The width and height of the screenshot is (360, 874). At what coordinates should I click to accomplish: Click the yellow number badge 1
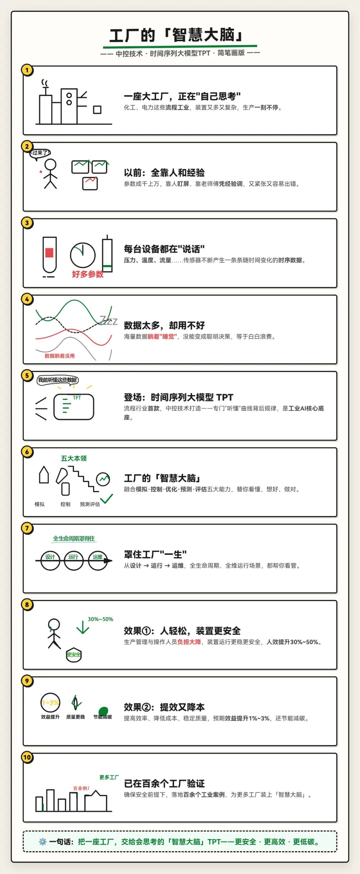coord(27,70)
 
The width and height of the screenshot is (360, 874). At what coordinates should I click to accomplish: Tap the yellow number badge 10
coord(27,757)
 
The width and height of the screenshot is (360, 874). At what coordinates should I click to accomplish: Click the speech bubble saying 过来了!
coord(40,153)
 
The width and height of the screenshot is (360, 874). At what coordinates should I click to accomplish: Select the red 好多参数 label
coord(88,274)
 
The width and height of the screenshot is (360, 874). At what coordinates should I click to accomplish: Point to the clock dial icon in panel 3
coord(83,255)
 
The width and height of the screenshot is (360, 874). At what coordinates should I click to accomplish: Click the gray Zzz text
coord(109,320)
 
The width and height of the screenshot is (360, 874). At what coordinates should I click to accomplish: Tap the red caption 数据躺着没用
coord(60,356)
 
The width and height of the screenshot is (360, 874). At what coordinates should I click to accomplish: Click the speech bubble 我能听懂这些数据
coord(57,380)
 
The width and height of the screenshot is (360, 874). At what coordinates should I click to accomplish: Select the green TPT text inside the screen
coord(77,397)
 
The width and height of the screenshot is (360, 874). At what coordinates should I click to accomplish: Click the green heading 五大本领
coord(74,459)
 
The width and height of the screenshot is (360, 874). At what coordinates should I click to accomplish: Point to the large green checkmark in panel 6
coord(107,499)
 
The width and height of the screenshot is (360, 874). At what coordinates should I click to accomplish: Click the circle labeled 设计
coord(50,561)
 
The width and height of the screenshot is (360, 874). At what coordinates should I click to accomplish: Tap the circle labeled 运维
coord(98,561)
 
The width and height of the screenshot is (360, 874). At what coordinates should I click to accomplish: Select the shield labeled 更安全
coord(74,655)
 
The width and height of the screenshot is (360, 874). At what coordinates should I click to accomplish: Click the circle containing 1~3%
coord(50,703)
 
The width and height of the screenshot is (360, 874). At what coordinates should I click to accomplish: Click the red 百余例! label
coord(81,788)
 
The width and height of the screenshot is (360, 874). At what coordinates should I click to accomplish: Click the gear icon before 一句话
coord(42,842)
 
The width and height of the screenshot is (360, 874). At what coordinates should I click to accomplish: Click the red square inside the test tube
coord(50,253)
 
